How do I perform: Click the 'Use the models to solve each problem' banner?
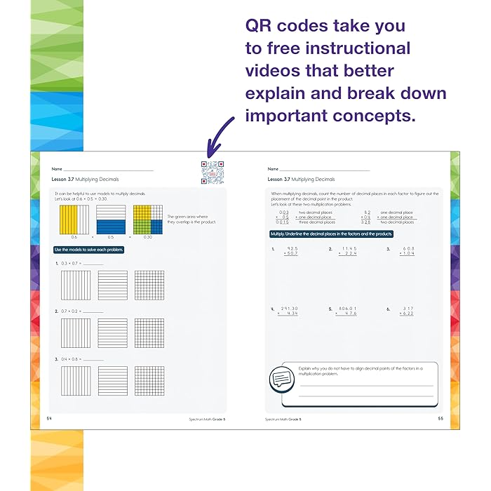pos(88,250)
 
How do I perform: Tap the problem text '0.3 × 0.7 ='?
pos(73,263)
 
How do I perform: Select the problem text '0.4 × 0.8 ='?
pos(73,359)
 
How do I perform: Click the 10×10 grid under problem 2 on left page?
pos(149,333)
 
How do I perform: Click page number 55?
pos(440,419)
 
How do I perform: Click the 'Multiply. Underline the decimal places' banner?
pos(332,234)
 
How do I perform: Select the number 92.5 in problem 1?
pos(292,248)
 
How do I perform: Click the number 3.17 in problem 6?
pos(408,308)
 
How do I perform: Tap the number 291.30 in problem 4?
pos(289,308)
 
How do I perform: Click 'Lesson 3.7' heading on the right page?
pos(280,180)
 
